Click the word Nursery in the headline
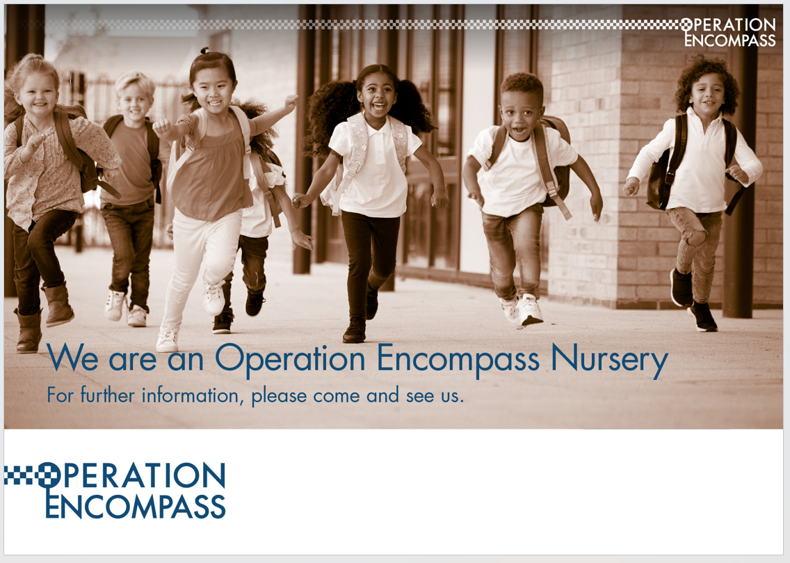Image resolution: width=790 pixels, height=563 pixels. pos(610,360)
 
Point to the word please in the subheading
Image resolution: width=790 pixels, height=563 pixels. pos(279,396)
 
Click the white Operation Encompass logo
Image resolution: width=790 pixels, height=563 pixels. pos(728,32)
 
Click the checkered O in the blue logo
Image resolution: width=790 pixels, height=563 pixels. pos(49,475)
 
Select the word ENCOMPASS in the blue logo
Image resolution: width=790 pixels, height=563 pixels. pos(135,506)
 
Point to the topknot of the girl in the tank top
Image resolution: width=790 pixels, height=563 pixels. pos(204,50)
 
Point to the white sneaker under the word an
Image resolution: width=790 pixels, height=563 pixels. pos(168,339)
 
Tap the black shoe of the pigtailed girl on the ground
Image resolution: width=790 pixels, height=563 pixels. pos(355,331)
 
